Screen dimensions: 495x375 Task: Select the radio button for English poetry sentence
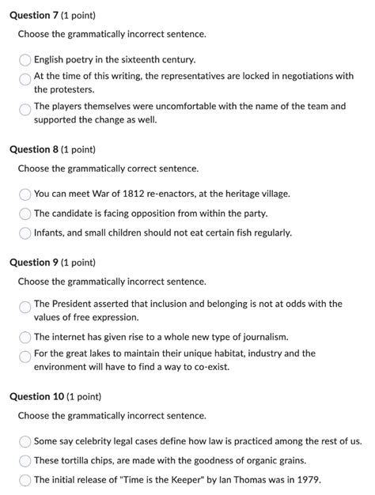pyautogui.click(x=25, y=59)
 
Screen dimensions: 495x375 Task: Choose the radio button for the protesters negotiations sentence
pyautogui.click(x=25, y=78)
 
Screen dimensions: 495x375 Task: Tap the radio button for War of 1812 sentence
pyautogui.click(x=25, y=194)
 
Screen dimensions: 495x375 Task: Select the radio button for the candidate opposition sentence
pyautogui.click(x=25, y=213)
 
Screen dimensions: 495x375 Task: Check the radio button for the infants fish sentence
pyautogui.click(x=25, y=233)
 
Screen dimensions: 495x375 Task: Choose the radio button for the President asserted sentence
pyautogui.click(x=25, y=306)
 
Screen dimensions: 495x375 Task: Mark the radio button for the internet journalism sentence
pyautogui.click(x=25, y=337)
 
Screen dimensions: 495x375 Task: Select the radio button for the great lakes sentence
pyautogui.click(x=25, y=356)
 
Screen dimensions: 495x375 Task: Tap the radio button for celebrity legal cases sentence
pyautogui.click(x=25, y=441)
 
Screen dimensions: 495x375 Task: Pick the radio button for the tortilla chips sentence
pyautogui.click(x=25, y=460)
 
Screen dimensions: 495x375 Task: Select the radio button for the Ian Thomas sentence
pyautogui.click(x=25, y=480)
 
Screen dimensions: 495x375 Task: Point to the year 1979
pyautogui.click(x=306, y=480)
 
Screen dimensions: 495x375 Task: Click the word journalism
pyautogui.click(x=263, y=337)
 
